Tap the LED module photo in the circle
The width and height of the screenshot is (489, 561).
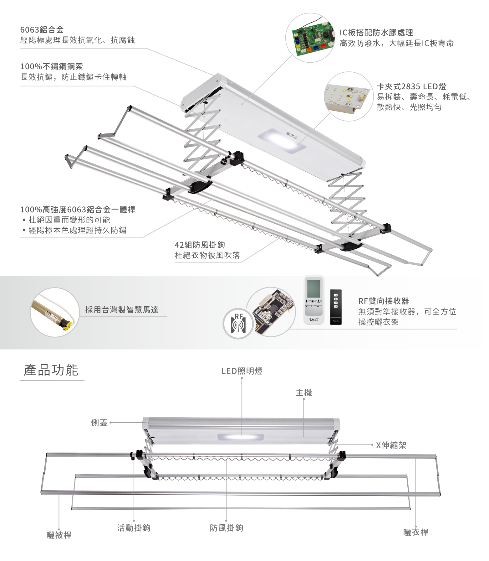347,96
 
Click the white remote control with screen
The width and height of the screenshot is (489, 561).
314,300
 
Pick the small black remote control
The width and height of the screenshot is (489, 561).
336,307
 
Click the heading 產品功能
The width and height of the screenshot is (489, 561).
51,370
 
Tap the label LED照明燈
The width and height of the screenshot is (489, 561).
242,371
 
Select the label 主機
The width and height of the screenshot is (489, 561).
304,392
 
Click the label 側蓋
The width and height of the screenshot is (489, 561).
99,423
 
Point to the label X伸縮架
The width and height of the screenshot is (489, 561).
391,445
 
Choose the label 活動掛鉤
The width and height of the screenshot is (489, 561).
134,528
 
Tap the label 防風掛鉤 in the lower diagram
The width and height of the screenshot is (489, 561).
226,528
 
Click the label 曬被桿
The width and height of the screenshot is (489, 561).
59,535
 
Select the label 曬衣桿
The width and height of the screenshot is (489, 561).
416,532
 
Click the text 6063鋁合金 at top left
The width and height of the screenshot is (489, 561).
42,30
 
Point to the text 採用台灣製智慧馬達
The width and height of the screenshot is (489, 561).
122,310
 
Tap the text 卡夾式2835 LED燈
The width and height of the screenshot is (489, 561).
411,86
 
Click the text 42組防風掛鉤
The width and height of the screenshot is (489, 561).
200,245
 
